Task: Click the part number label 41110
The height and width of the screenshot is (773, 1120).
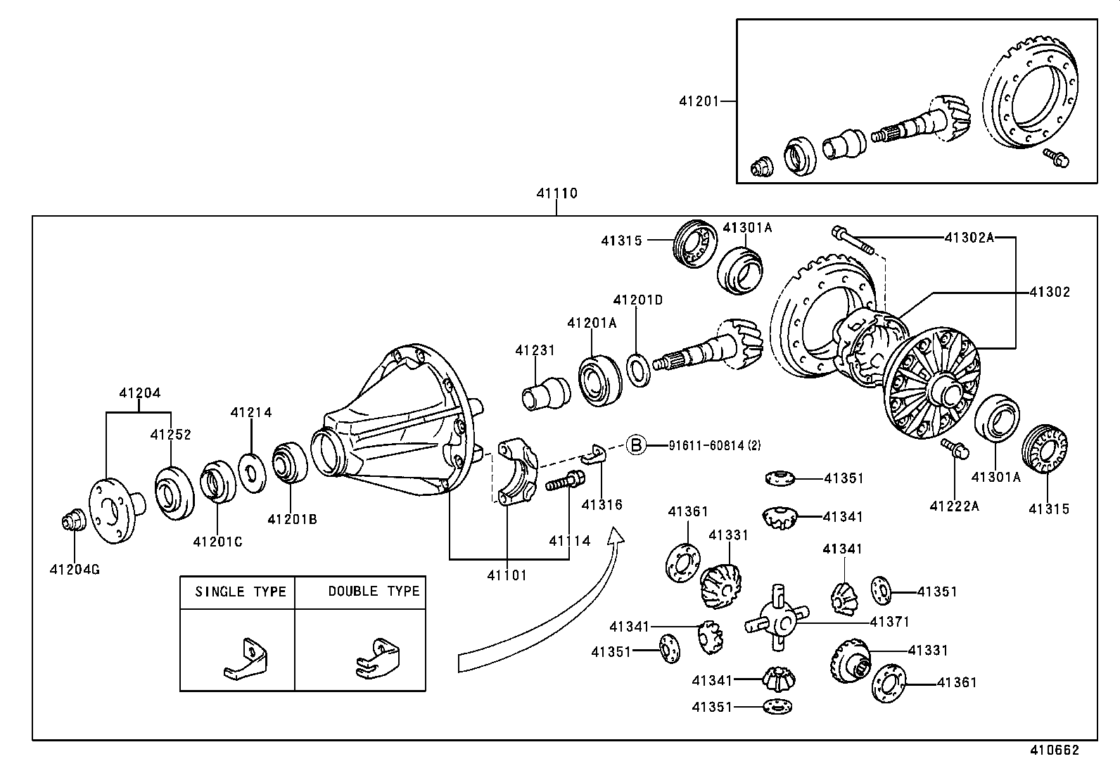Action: [x=556, y=193]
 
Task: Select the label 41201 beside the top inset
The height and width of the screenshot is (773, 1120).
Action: [x=699, y=101]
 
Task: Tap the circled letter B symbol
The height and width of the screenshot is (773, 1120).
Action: [x=636, y=445]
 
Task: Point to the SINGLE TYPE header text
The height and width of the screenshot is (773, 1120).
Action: [x=241, y=592]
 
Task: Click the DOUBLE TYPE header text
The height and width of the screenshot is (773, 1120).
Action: [x=374, y=592]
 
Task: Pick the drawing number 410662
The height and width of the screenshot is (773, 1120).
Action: [x=1054, y=751]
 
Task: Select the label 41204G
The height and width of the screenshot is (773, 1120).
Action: [x=75, y=569]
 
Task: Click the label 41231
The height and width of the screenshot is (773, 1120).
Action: [x=535, y=350]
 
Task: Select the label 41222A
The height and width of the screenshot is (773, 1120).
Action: [x=954, y=506]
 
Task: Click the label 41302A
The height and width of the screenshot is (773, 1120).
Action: [x=969, y=238]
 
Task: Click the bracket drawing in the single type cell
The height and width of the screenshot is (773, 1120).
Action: [x=246, y=659]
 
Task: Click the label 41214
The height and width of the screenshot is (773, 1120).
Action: [x=250, y=413]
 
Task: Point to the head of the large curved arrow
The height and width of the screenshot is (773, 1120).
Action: [x=616, y=537]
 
